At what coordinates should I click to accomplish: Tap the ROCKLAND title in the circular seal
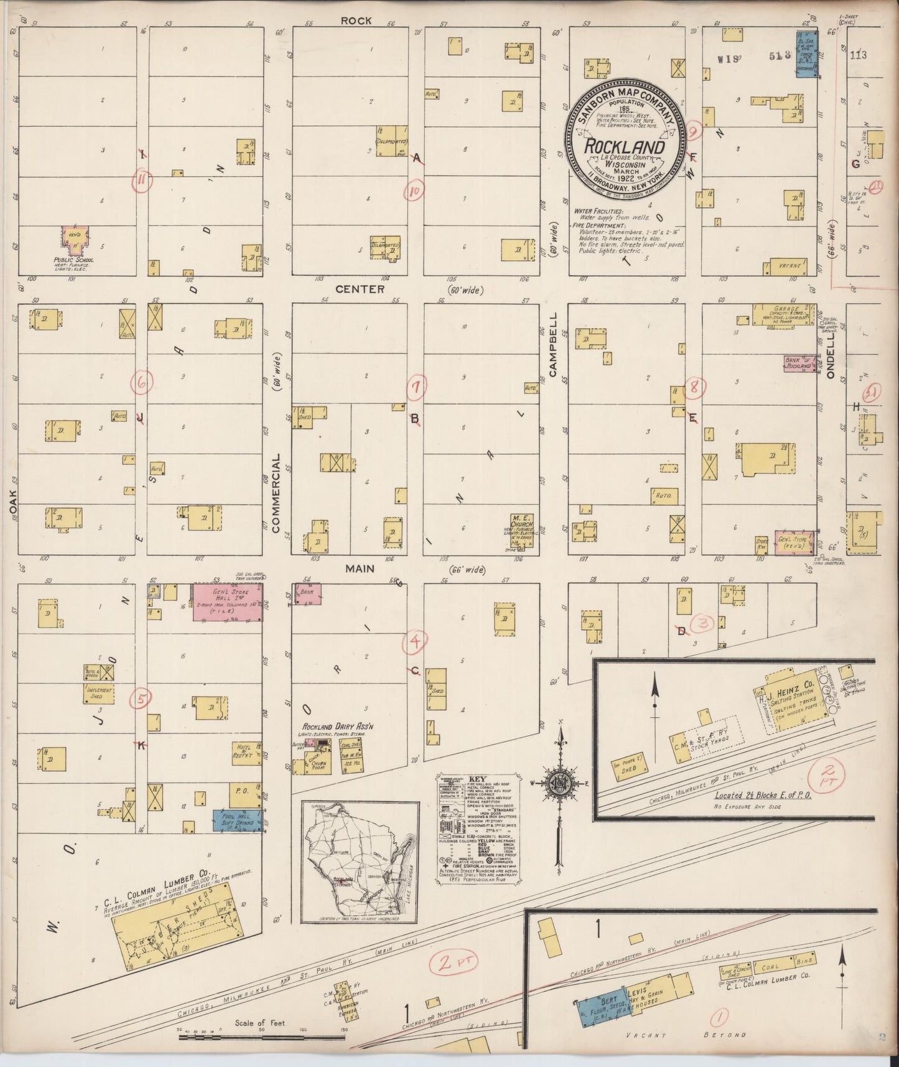point(624,148)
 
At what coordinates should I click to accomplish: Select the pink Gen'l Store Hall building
point(227,601)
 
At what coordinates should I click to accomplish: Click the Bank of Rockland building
point(799,364)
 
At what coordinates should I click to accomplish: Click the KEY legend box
point(477,827)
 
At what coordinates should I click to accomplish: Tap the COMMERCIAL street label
point(276,489)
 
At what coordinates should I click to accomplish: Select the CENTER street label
point(360,289)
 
